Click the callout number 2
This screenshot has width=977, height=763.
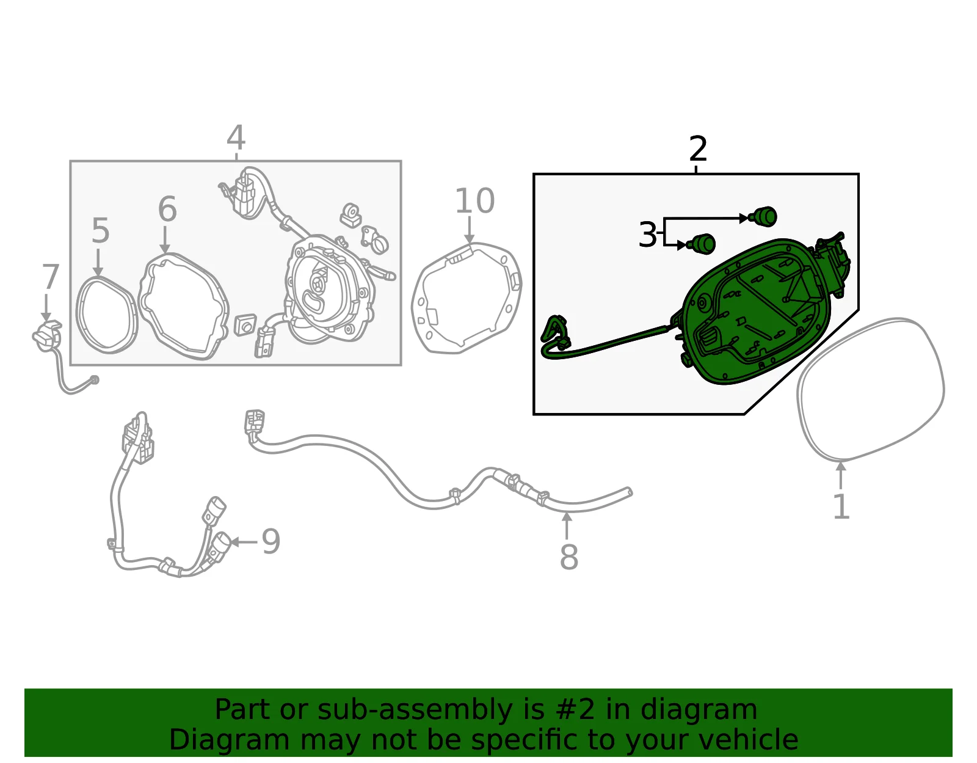[x=698, y=148]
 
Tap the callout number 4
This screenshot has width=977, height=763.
[x=236, y=137]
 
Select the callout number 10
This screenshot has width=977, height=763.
[x=475, y=200]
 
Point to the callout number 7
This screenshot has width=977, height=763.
[x=50, y=277]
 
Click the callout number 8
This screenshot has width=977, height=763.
[x=568, y=557]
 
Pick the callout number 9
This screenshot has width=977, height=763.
[x=271, y=541]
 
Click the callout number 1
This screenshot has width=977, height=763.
[x=841, y=506]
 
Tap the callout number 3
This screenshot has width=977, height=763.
[x=647, y=234]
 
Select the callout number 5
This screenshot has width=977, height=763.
[x=100, y=231]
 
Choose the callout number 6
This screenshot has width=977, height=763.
[x=167, y=209]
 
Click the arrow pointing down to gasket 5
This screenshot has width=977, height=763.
[x=98, y=263]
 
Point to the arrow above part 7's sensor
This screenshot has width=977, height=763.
[x=46, y=308]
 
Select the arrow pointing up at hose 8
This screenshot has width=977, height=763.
[x=567, y=525]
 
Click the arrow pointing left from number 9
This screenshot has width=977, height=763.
[x=244, y=542]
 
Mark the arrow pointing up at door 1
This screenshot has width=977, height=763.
[x=841, y=475]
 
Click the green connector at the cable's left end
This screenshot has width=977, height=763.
[x=554, y=332]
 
